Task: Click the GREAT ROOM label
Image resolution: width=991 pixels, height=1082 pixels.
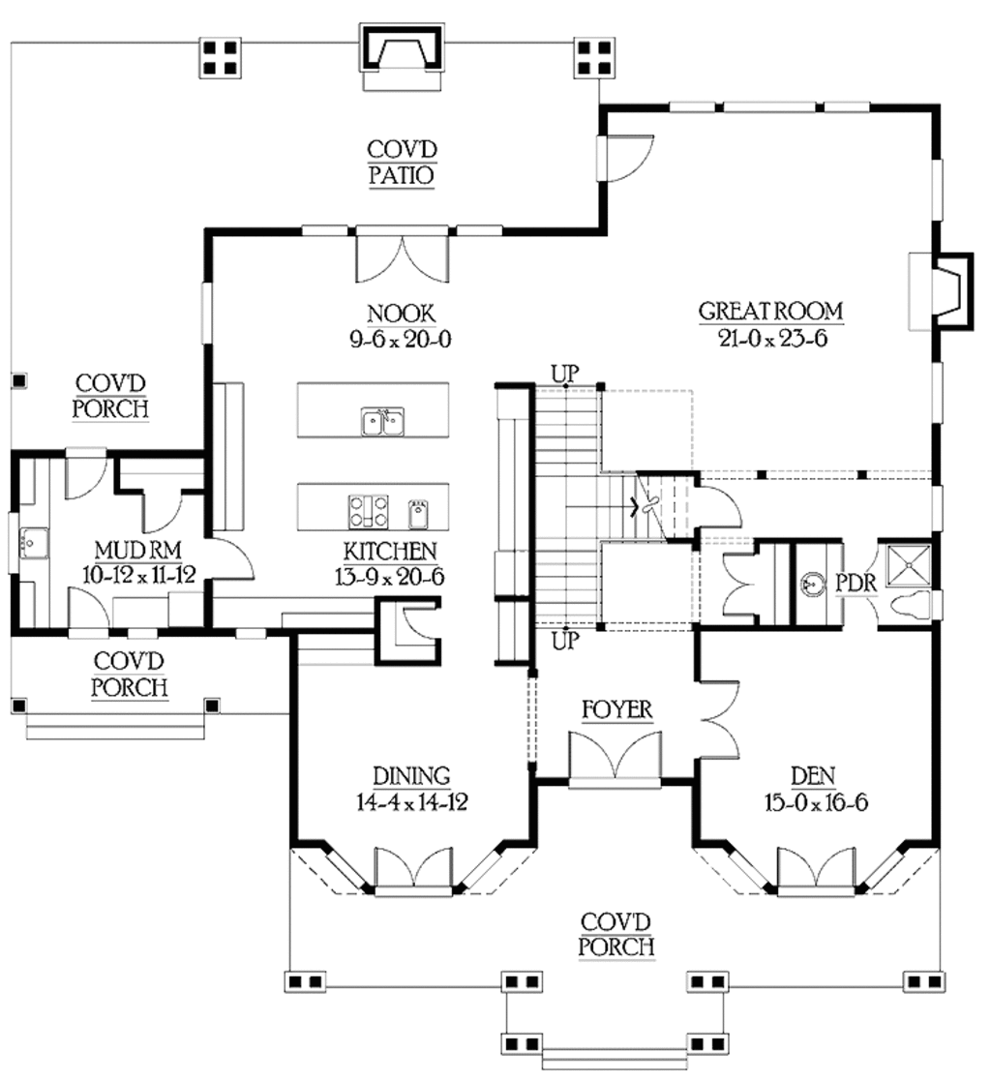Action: tap(770, 311)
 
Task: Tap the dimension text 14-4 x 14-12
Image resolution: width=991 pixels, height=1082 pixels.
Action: tap(412, 802)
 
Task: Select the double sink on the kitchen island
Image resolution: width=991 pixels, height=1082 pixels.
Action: tap(383, 421)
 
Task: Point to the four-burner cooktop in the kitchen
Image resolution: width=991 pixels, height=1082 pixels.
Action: tap(369, 510)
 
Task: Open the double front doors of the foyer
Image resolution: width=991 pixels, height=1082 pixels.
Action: tap(616, 755)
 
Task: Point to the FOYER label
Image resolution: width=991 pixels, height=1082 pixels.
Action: tap(616, 711)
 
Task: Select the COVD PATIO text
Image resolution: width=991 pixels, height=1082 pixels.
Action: tap(402, 163)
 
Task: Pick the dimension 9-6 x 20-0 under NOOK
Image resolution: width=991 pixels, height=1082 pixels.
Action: tap(401, 339)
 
